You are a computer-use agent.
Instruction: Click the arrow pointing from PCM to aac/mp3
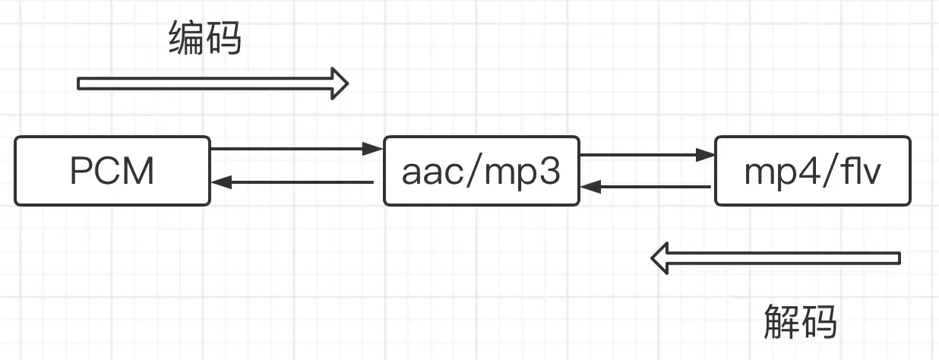click(x=296, y=148)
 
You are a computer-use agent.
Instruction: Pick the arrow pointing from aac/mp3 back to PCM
click(x=292, y=182)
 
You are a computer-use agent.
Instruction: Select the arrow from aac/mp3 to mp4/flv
click(x=646, y=155)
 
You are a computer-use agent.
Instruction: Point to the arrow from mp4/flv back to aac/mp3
click(x=646, y=187)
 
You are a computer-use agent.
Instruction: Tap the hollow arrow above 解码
click(x=775, y=258)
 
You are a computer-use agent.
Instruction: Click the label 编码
click(x=204, y=39)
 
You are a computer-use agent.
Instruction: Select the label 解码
click(x=800, y=321)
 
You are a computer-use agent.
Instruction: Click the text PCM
click(x=112, y=172)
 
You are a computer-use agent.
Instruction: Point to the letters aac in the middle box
click(x=428, y=173)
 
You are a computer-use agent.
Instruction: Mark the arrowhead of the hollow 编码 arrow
click(x=338, y=83)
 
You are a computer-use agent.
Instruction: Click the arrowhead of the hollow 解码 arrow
click(x=661, y=258)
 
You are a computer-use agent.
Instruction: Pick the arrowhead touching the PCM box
click(x=219, y=182)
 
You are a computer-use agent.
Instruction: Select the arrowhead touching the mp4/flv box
click(x=707, y=155)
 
